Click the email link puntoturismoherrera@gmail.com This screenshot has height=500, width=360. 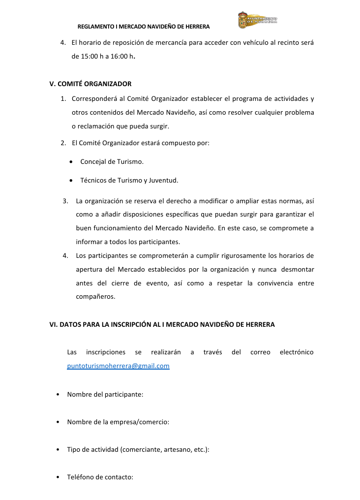point(118,366)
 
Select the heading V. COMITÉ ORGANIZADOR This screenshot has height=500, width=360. point(90,84)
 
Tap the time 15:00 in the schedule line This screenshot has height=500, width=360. point(90,57)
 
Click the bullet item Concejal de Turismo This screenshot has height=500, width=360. point(112,161)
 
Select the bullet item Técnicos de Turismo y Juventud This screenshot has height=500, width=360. point(129,180)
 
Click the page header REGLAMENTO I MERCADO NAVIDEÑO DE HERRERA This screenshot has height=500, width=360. point(144,26)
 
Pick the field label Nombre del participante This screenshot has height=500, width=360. point(105,394)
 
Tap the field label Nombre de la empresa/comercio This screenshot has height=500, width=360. point(118,422)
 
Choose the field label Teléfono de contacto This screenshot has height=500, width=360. point(100,477)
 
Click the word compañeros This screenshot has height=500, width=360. point(95,297)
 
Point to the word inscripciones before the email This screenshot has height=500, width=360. point(106,352)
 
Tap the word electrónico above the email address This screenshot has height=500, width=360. point(296,352)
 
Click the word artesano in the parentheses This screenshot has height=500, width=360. point(176,449)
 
